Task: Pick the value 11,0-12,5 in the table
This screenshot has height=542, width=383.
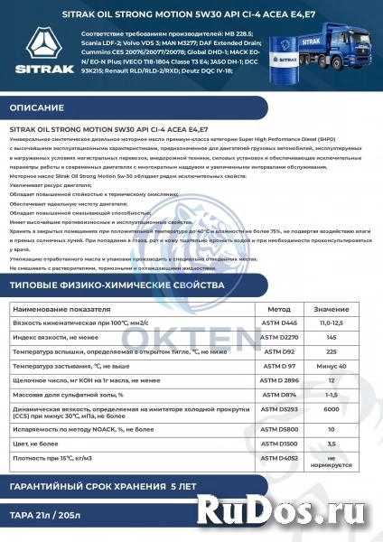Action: pyautogui.click(x=332, y=323)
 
